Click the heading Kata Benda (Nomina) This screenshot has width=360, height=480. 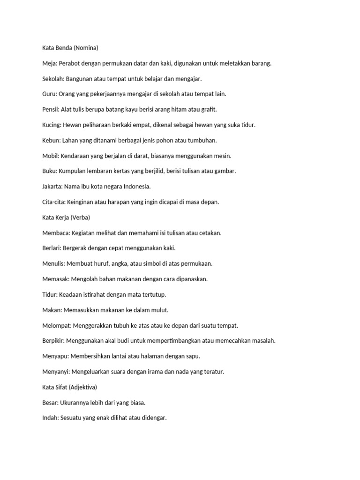70,48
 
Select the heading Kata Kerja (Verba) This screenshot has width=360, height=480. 66,217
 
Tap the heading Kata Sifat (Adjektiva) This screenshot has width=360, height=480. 69,387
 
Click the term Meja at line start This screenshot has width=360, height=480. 49,63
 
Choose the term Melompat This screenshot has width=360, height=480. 56,325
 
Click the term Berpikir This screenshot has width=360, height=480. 54,341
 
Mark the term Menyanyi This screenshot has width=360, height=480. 56,372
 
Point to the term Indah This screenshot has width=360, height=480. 50,418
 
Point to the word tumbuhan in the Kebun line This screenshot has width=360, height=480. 202,140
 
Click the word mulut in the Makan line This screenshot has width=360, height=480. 160,310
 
